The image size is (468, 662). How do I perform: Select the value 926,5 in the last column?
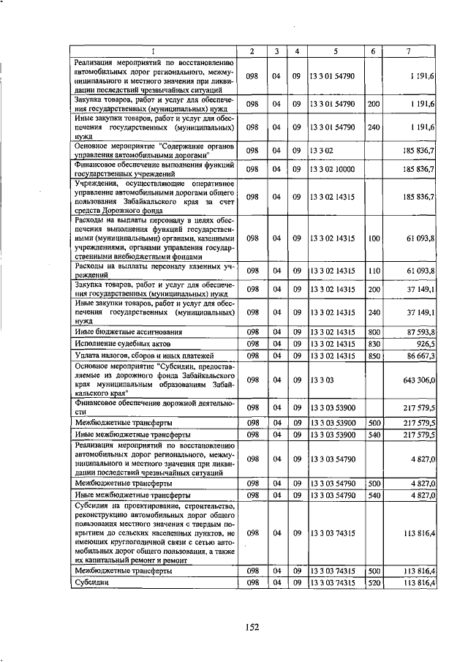point(424,343)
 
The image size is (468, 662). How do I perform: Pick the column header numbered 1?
point(154,50)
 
